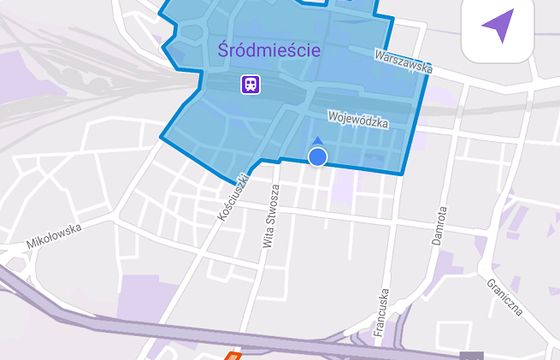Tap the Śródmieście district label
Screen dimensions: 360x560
coord(268,49)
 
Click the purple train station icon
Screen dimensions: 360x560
coord(249,84)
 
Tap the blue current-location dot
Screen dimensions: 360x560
coord(318,157)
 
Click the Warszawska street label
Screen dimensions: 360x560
coord(403,61)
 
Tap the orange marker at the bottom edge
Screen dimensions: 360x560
coord(233,355)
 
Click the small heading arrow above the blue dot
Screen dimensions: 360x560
coord(318,142)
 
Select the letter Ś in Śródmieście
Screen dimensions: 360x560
coord(223,48)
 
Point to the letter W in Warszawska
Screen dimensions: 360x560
coord(378,54)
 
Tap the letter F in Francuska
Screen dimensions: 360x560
coord(382,331)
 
